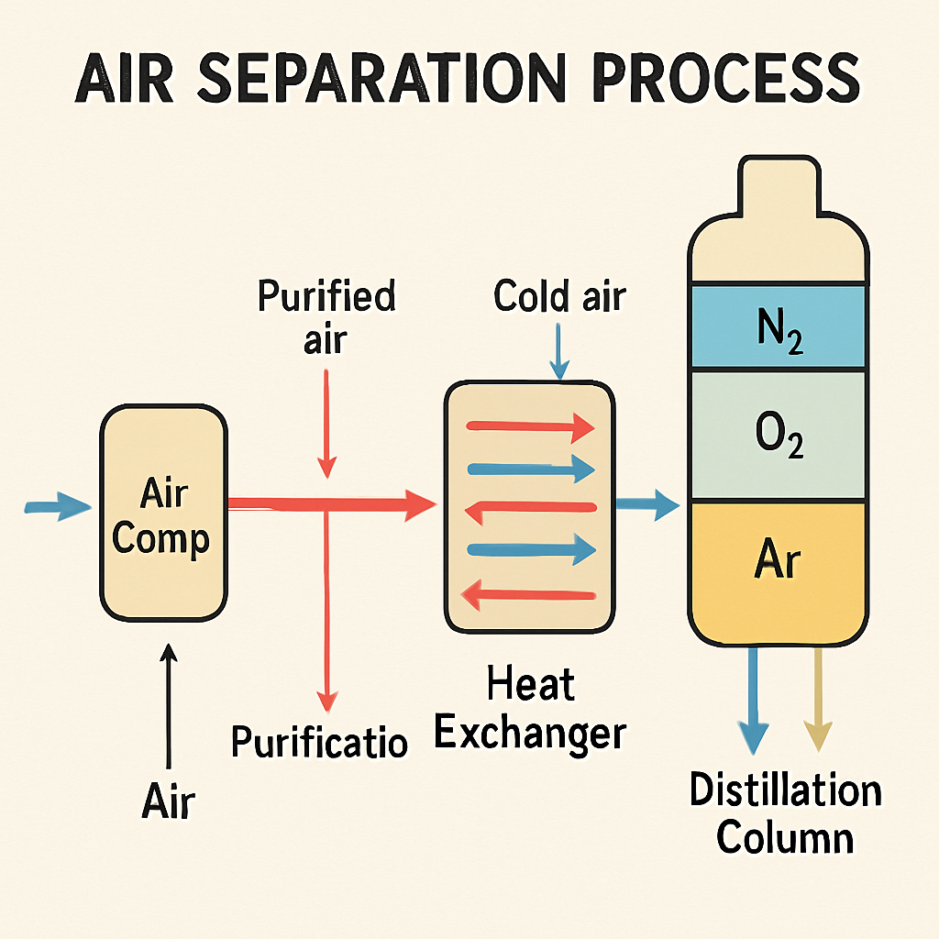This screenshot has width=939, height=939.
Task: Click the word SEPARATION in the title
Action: click(381, 78)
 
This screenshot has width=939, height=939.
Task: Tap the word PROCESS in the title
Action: click(727, 78)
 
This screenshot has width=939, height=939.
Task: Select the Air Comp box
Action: click(163, 514)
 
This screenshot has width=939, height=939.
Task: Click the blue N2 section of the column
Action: click(779, 326)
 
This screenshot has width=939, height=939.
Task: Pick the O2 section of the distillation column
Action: click(779, 435)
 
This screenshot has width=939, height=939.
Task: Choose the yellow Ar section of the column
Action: click(779, 573)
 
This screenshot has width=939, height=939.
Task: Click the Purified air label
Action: click(326, 316)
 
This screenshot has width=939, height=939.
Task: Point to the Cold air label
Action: click(559, 296)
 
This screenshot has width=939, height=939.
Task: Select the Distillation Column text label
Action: click(786, 812)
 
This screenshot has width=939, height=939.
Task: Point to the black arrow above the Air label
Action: click(169, 706)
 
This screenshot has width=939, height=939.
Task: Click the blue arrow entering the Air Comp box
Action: click(58, 506)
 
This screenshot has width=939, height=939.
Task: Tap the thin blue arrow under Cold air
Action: click(558, 351)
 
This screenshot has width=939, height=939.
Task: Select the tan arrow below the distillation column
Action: click(817, 700)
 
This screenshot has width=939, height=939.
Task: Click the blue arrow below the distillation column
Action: click(754, 701)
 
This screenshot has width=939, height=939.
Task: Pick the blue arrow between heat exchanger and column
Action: click(648, 504)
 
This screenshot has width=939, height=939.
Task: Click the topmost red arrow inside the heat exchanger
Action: click(530, 427)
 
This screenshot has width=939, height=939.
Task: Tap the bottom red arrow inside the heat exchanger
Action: click(528, 595)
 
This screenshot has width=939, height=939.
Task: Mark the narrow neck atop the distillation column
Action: click(779, 184)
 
